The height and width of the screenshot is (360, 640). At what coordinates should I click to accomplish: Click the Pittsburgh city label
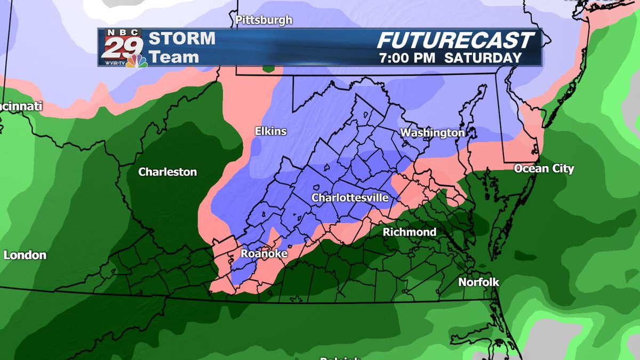point(264,20)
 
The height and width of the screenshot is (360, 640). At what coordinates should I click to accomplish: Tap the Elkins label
point(270,131)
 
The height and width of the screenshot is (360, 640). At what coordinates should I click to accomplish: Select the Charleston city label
point(167,172)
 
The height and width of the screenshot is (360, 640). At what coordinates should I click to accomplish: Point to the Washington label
point(433,132)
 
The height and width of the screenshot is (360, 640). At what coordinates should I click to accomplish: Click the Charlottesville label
point(350,198)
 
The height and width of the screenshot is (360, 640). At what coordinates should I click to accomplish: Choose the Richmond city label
point(410,232)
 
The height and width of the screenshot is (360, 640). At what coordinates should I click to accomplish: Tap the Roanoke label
point(264,254)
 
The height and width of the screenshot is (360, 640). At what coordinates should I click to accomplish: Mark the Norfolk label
point(479,282)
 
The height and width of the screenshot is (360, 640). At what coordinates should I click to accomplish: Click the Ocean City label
point(544,169)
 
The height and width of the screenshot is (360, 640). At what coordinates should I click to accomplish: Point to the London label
point(25,255)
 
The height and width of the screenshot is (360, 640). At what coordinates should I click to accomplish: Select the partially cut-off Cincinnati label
point(20,107)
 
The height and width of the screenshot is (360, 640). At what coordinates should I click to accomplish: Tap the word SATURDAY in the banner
point(483,58)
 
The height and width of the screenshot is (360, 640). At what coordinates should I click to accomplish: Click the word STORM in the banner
point(182,39)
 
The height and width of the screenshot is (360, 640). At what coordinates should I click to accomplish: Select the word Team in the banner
point(173,57)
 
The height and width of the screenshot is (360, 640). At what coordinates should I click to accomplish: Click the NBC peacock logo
point(137,61)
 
